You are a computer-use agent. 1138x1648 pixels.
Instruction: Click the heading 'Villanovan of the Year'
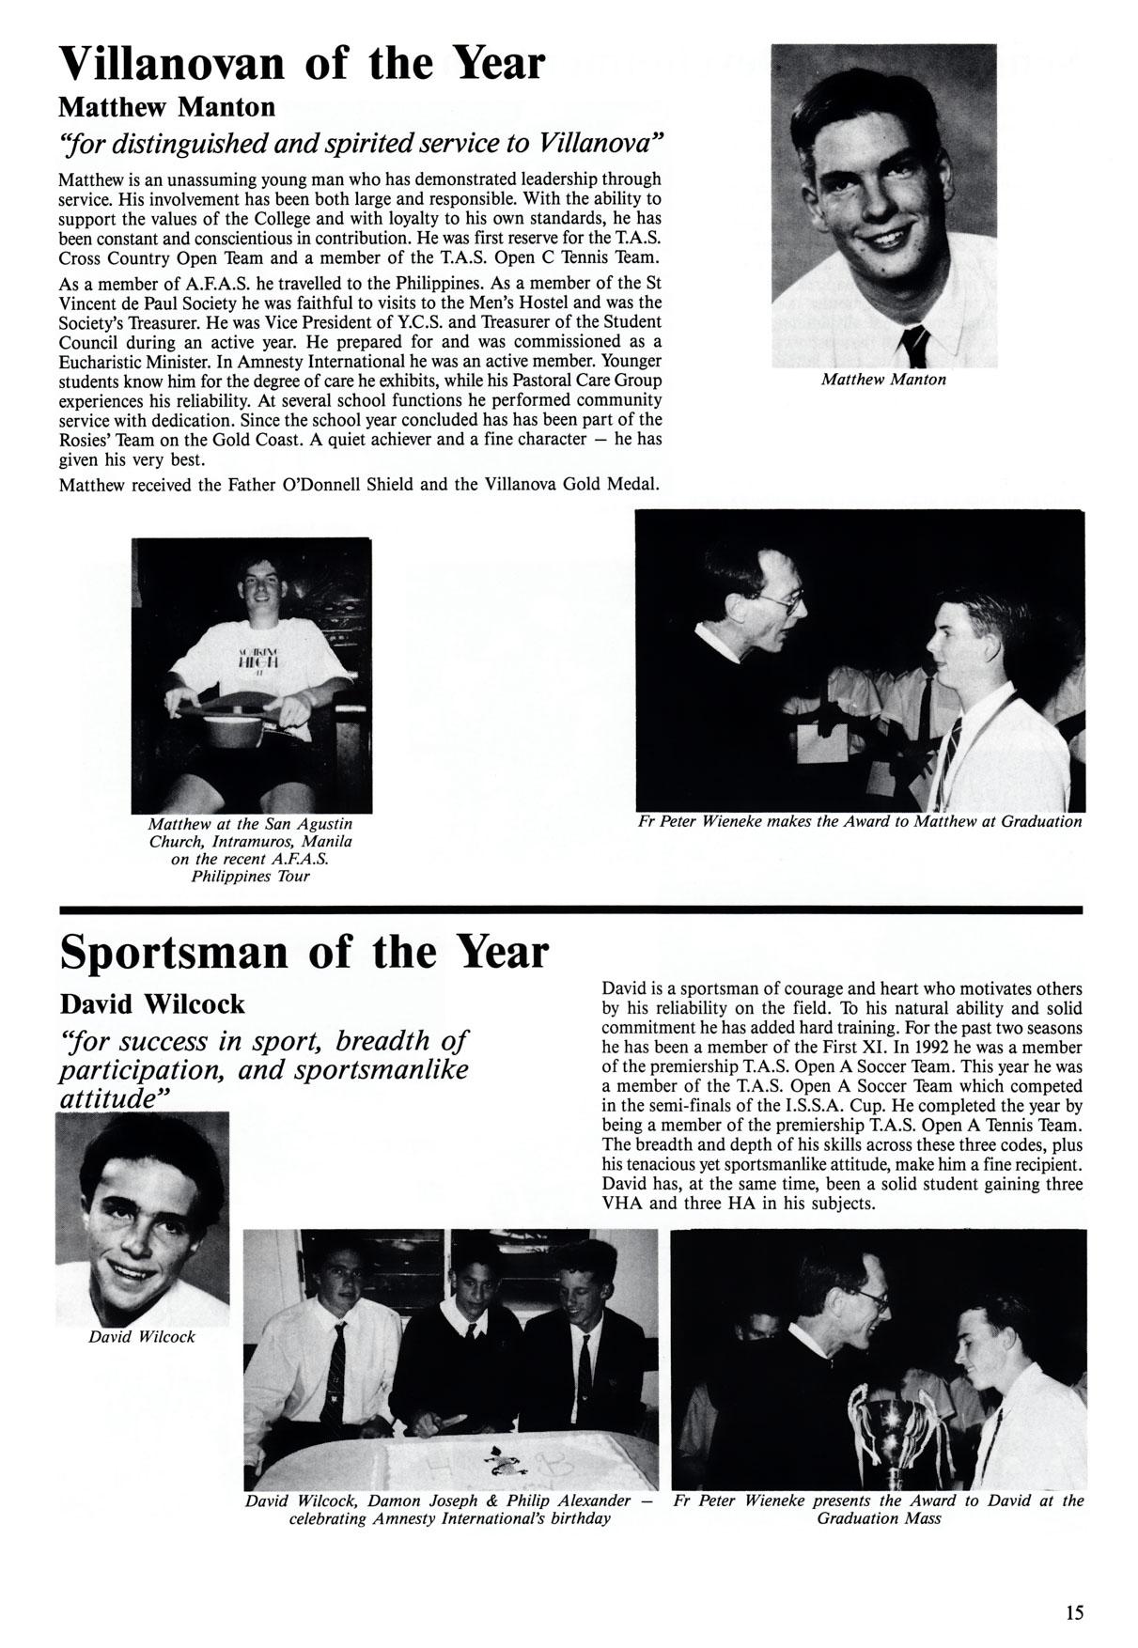pyautogui.click(x=302, y=63)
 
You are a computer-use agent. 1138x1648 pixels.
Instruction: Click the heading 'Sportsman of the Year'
pyautogui.click(x=304, y=952)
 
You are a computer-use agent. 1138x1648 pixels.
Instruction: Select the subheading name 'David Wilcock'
pyautogui.click(x=152, y=1004)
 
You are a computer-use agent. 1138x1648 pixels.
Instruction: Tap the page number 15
pyautogui.click(x=1074, y=1612)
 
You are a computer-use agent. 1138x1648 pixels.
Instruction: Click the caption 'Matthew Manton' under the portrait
pyautogui.click(x=883, y=380)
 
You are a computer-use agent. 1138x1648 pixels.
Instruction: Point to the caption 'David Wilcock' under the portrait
pyautogui.click(x=142, y=1336)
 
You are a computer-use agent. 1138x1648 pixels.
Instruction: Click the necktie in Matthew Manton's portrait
pyautogui.click(x=914, y=347)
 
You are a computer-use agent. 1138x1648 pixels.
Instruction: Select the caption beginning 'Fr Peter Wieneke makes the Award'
pyautogui.click(x=860, y=821)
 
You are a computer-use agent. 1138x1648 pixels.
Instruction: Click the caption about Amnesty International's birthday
pyautogui.click(x=449, y=1510)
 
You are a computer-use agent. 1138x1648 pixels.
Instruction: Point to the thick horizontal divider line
pyautogui.click(x=570, y=909)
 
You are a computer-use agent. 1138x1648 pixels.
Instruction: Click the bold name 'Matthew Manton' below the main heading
pyautogui.click(x=167, y=106)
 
